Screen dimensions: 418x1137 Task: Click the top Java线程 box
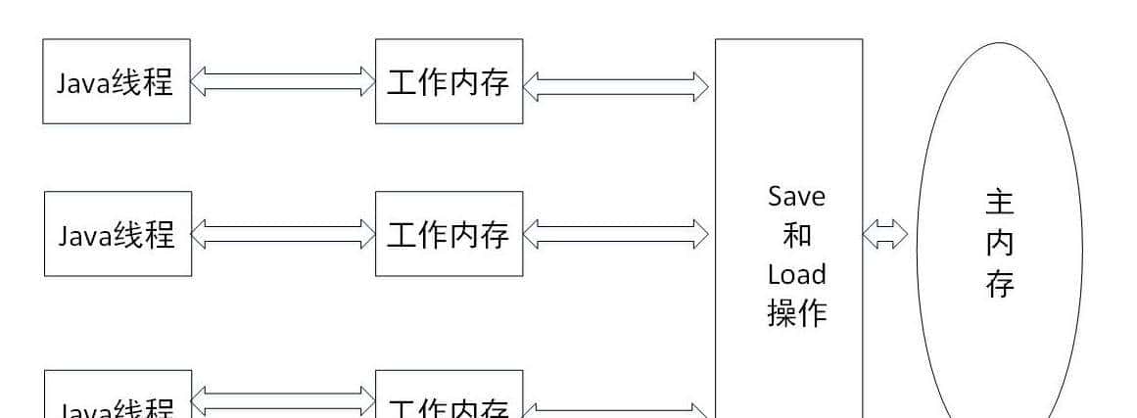point(117,81)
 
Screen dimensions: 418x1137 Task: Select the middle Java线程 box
point(117,234)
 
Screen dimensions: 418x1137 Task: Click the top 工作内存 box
point(449,81)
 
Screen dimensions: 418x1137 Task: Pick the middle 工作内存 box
point(449,234)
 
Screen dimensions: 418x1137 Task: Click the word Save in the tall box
point(796,197)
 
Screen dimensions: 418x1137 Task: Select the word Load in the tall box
point(796,274)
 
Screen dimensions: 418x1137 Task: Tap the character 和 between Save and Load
point(796,236)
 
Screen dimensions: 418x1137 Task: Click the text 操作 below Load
point(796,313)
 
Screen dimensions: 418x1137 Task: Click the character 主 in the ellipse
point(999,204)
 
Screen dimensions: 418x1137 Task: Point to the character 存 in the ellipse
point(999,285)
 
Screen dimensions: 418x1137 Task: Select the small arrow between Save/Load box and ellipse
point(885,234)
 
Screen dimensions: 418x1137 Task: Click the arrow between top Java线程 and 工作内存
point(282,81)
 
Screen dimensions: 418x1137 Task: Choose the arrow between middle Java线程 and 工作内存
point(282,233)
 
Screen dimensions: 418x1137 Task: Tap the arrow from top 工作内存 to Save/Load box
point(616,84)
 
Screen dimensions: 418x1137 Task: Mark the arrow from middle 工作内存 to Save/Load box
point(616,233)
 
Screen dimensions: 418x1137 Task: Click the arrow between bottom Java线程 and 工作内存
point(282,399)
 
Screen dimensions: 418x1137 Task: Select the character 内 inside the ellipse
point(999,245)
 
